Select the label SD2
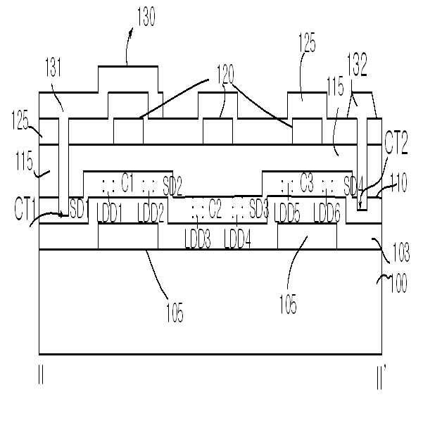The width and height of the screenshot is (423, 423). tap(172, 187)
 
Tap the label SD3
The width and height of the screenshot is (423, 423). tap(258, 209)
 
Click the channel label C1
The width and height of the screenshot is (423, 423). tap(127, 184)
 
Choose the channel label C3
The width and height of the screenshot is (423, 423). tap(305, 185)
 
